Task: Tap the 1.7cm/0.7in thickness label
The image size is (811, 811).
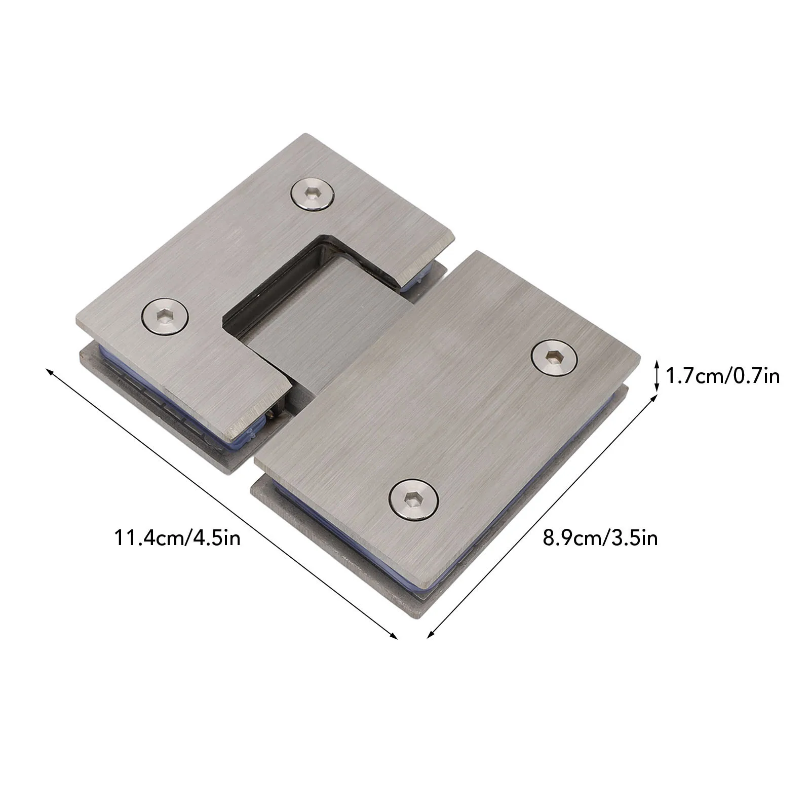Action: click(721, 376)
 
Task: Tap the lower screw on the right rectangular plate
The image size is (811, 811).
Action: click(414, 499)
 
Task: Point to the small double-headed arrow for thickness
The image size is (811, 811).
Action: click(656, 376)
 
